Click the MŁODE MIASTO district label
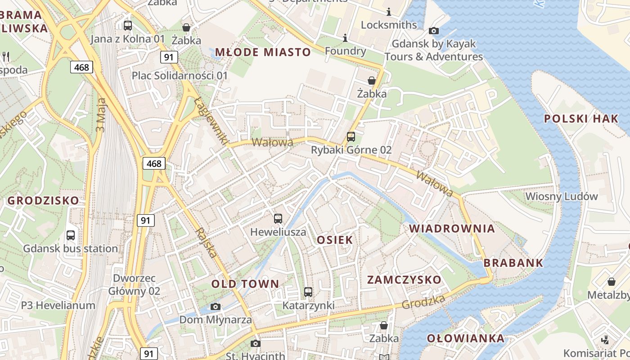click(x=263, y=52)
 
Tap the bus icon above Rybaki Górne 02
click(x=351, y=137)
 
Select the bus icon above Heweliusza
click(x=278, y=219)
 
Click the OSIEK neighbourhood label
click(x=335, y=240)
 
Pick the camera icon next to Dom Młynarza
click(x=216, y=307)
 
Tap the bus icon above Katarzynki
click(x=308, y=292)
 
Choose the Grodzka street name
click(x=423, y=302)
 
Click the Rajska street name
click(x=207, y=242)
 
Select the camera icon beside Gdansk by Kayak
click(x=434, y=31)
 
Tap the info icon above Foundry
click(x=345, y=37)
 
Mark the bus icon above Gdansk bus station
click(x=71, y=235)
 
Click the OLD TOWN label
click(x=245, y=284)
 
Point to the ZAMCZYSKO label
click(x=404, y=279)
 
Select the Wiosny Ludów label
click(x=562, y=196)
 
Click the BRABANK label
click(x=513, y=263)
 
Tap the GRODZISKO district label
click(x=43, y=200)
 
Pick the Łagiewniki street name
click(x=211, y=121)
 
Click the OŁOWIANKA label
click(x=465, y=338)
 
